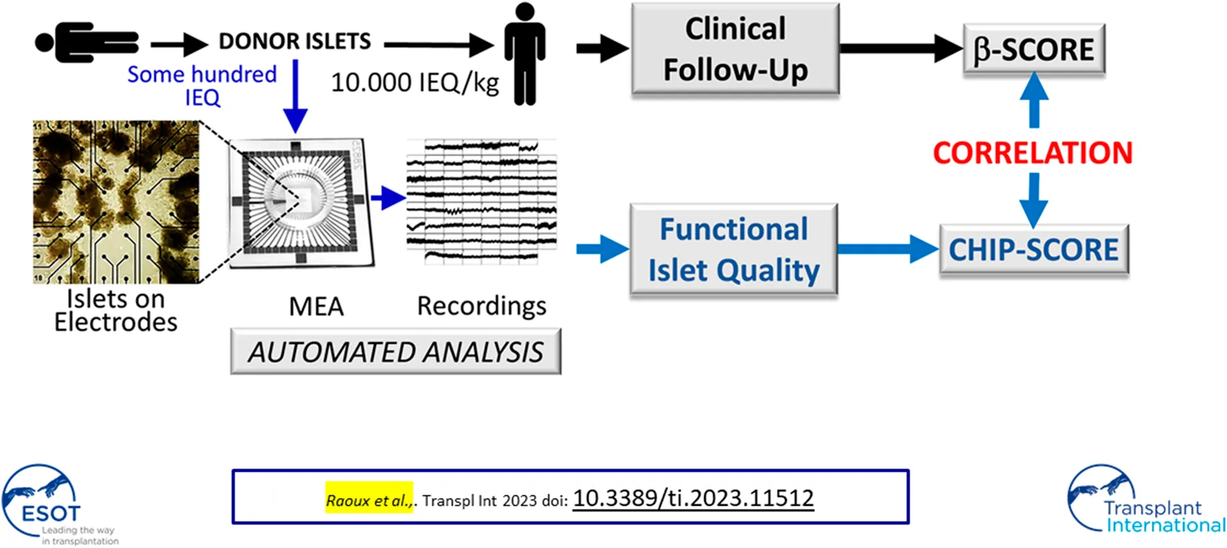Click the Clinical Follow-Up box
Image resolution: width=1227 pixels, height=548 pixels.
click(735, 49)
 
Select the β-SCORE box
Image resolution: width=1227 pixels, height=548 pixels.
click(1034, 50)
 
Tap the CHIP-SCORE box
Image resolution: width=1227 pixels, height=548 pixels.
click(1034, 250)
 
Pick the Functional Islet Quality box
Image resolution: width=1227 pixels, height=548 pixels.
click(734, 250)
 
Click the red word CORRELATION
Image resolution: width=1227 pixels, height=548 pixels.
click(1032, 153)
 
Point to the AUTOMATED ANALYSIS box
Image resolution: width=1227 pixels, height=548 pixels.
click(395, 352)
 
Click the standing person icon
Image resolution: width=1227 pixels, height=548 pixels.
click(524, 54)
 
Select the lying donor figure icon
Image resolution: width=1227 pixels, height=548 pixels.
click(87, 42)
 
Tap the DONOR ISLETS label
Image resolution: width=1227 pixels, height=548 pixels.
click(295, 42)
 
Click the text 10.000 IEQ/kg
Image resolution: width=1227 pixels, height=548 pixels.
click(415, 83)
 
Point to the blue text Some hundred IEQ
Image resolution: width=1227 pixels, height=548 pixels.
click(202, 85)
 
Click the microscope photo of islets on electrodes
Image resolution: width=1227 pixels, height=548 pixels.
click(116, 202)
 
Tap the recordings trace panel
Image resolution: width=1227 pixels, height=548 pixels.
click(481, 201)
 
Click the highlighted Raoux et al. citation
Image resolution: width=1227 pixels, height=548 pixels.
click(369, 500)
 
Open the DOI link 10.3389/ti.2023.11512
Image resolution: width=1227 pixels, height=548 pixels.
click(693, 498)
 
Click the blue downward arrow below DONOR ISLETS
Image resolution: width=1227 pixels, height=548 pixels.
click(296, 96)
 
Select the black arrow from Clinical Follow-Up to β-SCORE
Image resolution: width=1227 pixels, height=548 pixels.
click(900, 49)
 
